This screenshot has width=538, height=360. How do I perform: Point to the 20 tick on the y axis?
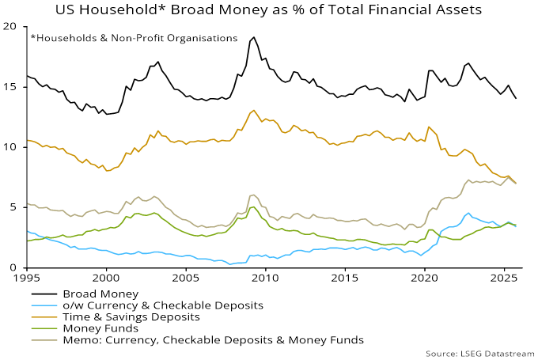pyautogui.click(x=10, y=26)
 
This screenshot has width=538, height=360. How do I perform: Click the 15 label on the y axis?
pyautogui.click(x=10, y=86)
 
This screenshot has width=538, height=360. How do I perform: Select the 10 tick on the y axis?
pyautogui.click(x=10, y=147)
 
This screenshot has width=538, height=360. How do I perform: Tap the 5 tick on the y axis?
pyautogui.click(x=13, y=207)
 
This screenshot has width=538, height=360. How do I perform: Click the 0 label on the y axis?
pyautogui.click(x=13, y=267)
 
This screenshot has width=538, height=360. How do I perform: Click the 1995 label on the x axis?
pyautogui.click(x=27, y=279)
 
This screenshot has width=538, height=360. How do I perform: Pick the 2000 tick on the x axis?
pyautogui.click(x=106, y=279)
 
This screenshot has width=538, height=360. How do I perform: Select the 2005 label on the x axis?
pyautogui.click(x=186, y=279)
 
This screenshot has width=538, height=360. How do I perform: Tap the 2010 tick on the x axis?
pyautogui.click(x=265, y=279)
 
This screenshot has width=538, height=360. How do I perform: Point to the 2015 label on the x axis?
pyautogui.click(x=345, y=279)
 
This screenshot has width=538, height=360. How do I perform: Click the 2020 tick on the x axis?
pyautogui.click(x=425, y=279)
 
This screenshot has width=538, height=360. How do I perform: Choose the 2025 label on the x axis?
pyautogui.click(x=504, y=279)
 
